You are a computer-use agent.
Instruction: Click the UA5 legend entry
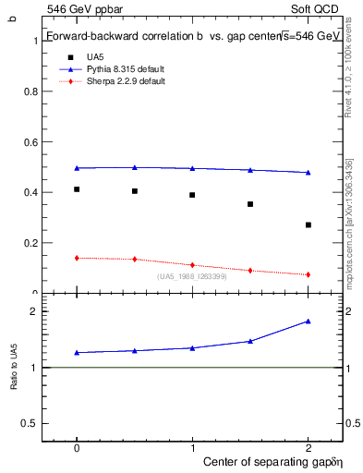pyautogui.click(x=94, y=57)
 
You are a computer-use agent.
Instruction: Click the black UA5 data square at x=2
pyautogui.click(x=308, y=224)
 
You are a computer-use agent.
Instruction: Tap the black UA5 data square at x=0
pyautogui.click(x=77, y=189)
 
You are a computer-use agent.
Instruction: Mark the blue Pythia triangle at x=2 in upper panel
pyautogui.click(x=308, y=172)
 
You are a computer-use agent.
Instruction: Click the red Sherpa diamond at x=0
pyautogui.click(x=77, y=258)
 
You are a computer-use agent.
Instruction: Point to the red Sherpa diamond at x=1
pyautogui.click(x=192, y=265)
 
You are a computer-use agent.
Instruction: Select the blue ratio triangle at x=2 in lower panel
pyautogui.click(x=308, y=321)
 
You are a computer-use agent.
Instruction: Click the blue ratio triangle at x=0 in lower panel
pyautogui.click(x=77, y=352)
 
